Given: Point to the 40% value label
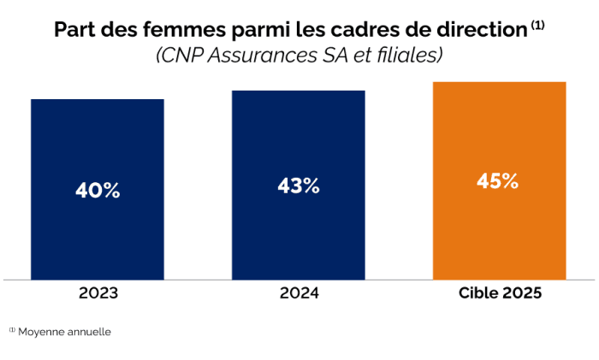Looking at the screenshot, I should pos(97,191).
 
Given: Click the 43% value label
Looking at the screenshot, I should pos(298,186).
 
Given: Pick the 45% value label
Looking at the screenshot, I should pos(498,181).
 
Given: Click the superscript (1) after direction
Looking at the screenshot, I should pos(537,25).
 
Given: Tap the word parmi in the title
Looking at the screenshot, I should pos(246,31).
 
